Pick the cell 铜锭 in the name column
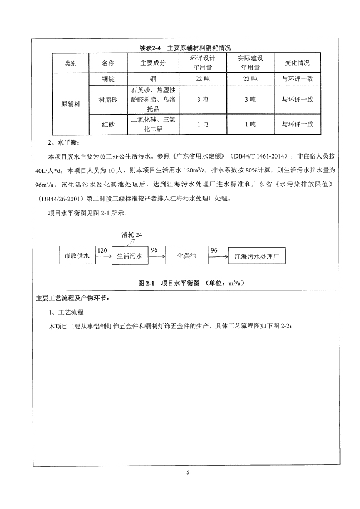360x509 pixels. (x=108, y=80)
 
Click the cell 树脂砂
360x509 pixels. (x=108, y=100)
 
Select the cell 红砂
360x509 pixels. (x=108, y=124)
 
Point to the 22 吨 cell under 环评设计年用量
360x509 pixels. (x=202, y=80)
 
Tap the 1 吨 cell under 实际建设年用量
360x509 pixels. (x=250, y=124)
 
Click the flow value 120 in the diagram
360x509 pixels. (x=102, y=251)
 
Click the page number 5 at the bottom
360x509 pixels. (x=188, y=472)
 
